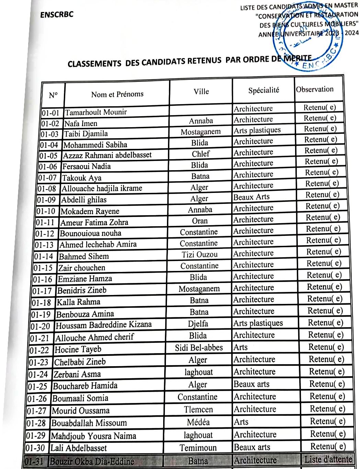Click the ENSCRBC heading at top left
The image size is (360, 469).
[x=57, y=15]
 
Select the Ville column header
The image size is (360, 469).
[x=201, y=91]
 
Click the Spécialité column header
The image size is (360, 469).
[x=263, y=90]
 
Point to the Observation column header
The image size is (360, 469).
[x=315, y=89]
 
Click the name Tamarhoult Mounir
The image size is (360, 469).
[x=96, y=112]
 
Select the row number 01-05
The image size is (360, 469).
[x=48, y=156]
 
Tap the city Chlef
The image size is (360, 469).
[x=201, y=154]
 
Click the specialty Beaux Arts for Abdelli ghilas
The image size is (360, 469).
[x=251, y=197]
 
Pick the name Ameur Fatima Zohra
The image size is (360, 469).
[x=94, y=222]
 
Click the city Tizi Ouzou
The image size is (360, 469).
[x=200, y=254]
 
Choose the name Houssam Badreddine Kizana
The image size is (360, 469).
[x=103, y=325]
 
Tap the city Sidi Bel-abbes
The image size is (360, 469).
[x=199, y=348]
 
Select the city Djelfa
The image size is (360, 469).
[x=198, y=324]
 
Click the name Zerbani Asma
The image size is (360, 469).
[x=77, y=374]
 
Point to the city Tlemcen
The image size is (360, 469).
[x=198, y=410]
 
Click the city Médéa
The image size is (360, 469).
[x=198, y=422]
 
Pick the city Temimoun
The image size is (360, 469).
[x=198, y=448]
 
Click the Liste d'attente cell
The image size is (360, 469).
[x=328, y=459]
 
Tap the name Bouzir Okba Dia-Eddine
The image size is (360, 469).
[x=92, y=461]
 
